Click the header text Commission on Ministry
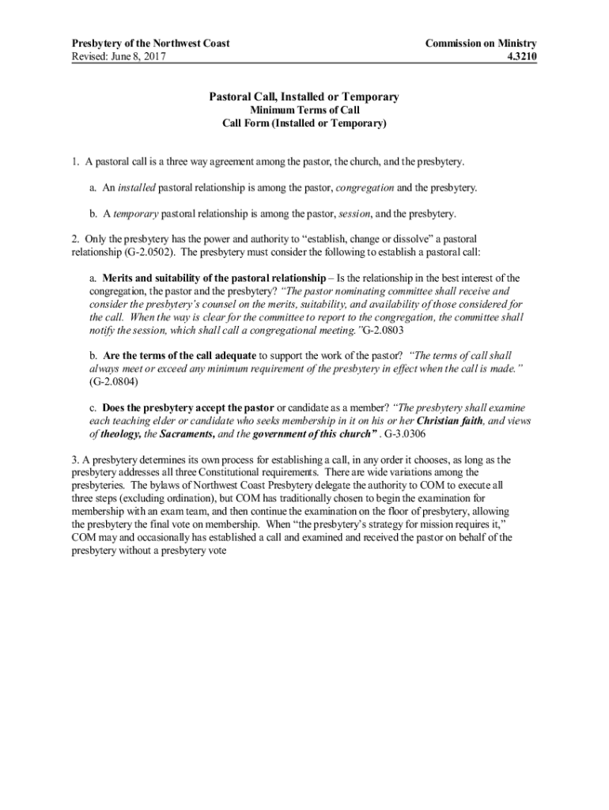pyautogui.click(x=480, y=43)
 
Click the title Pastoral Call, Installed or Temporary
pyautogui.click(x=304, y=97)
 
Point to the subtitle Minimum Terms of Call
pyautogui.click(x=304, y=111)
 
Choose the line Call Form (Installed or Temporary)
pyautogui.click(x=304, y=124)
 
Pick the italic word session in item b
pyautogui.click(x=354, y=214)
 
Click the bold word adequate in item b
pyautogui.click(x=229, y=355)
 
